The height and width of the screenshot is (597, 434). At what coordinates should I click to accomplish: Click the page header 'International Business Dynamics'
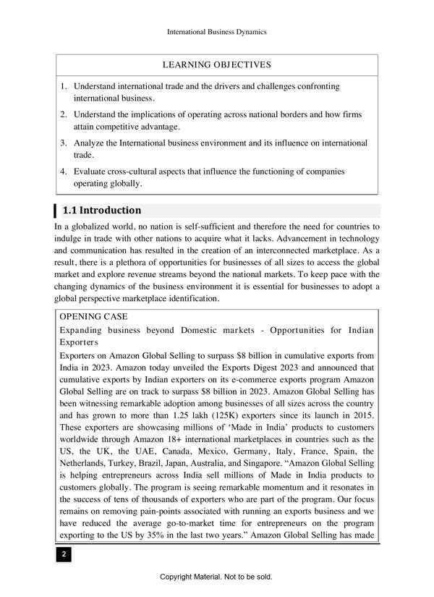(217, 32)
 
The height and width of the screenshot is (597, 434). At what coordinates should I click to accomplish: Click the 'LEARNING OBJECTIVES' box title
(217, 65)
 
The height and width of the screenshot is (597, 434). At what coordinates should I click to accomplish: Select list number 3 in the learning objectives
(64, 143)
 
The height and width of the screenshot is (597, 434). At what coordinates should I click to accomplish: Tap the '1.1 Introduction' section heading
(101, 211)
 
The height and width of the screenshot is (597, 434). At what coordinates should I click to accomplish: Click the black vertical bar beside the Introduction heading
(56, 211)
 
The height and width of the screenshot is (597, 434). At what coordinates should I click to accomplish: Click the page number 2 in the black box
(64, 554)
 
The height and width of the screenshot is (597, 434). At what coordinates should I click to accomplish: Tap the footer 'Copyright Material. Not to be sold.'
(217, 577)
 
